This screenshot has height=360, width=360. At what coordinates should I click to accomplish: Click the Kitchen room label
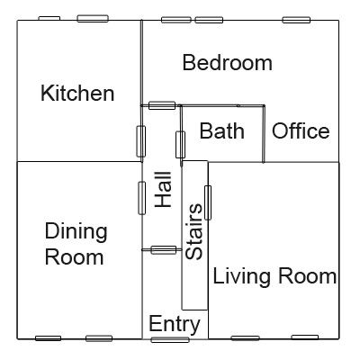(77, 94)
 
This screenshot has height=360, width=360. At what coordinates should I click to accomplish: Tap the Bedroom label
(228, 63)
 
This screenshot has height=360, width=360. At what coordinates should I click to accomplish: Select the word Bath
(221, 130)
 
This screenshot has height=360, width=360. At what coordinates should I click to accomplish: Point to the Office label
(301, 130)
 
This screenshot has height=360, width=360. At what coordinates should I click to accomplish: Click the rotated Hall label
(163, 190)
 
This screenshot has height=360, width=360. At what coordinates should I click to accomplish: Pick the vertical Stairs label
(193, 231)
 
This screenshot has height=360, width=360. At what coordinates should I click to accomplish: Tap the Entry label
(175, 324)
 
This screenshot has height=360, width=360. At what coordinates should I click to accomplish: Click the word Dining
(76, 232)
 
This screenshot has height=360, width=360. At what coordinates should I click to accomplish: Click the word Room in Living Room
(308, 276)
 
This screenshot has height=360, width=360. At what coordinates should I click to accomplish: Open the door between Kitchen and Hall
(141, 141)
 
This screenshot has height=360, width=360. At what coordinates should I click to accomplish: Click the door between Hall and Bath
(180, 145)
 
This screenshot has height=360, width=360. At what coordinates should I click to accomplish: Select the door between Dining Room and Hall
(142, 198)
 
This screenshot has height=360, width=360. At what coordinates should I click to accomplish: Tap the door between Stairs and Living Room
(208, 202)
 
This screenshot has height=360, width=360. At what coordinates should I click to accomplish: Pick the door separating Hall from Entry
(164, 250)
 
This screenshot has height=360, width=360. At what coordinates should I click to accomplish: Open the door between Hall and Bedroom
(162, 105)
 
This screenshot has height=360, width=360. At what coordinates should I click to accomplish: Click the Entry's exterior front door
(170, 340)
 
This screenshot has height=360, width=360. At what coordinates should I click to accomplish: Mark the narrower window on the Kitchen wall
(49, 19)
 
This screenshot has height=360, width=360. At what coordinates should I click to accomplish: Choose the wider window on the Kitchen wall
(93, 19)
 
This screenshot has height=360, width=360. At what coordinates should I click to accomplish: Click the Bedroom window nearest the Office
(296, 20)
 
